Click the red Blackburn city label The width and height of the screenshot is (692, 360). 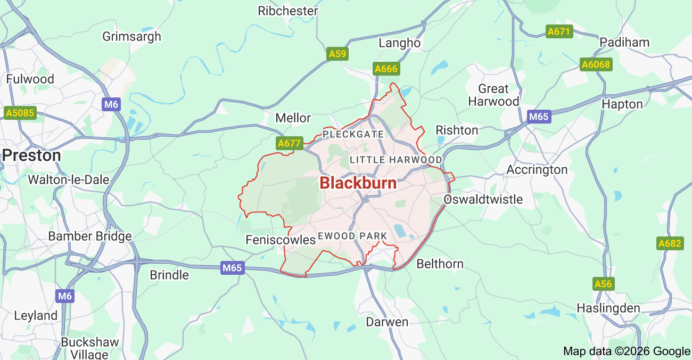click(358, 183)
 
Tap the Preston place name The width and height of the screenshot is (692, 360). click(31, 156)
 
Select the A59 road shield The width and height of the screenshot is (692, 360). click(337, 54)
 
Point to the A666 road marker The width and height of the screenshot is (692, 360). click(386, 69)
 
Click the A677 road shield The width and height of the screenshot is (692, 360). click(290, 143)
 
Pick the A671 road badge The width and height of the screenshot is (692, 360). click(559, 31)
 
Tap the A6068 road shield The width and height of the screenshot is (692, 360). click(596, 65)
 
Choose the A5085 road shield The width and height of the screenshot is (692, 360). click(20, 113)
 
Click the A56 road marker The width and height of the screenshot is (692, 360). click(603, 284)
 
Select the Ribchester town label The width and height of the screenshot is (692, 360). click(287, 11)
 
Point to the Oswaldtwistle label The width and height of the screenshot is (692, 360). click(483, 199)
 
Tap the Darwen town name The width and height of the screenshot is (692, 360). click(387, 322)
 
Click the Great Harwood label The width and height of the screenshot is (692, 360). click(493, 95)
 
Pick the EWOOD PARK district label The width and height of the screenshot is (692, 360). click(352, 235)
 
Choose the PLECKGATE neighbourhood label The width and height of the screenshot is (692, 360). click(353, 134)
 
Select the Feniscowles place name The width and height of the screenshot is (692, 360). click(281, 240)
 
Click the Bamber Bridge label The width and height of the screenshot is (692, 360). click(90, 236)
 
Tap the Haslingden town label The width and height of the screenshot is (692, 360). click(608, 308)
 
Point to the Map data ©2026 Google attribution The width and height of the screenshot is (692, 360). click(627, 351)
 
